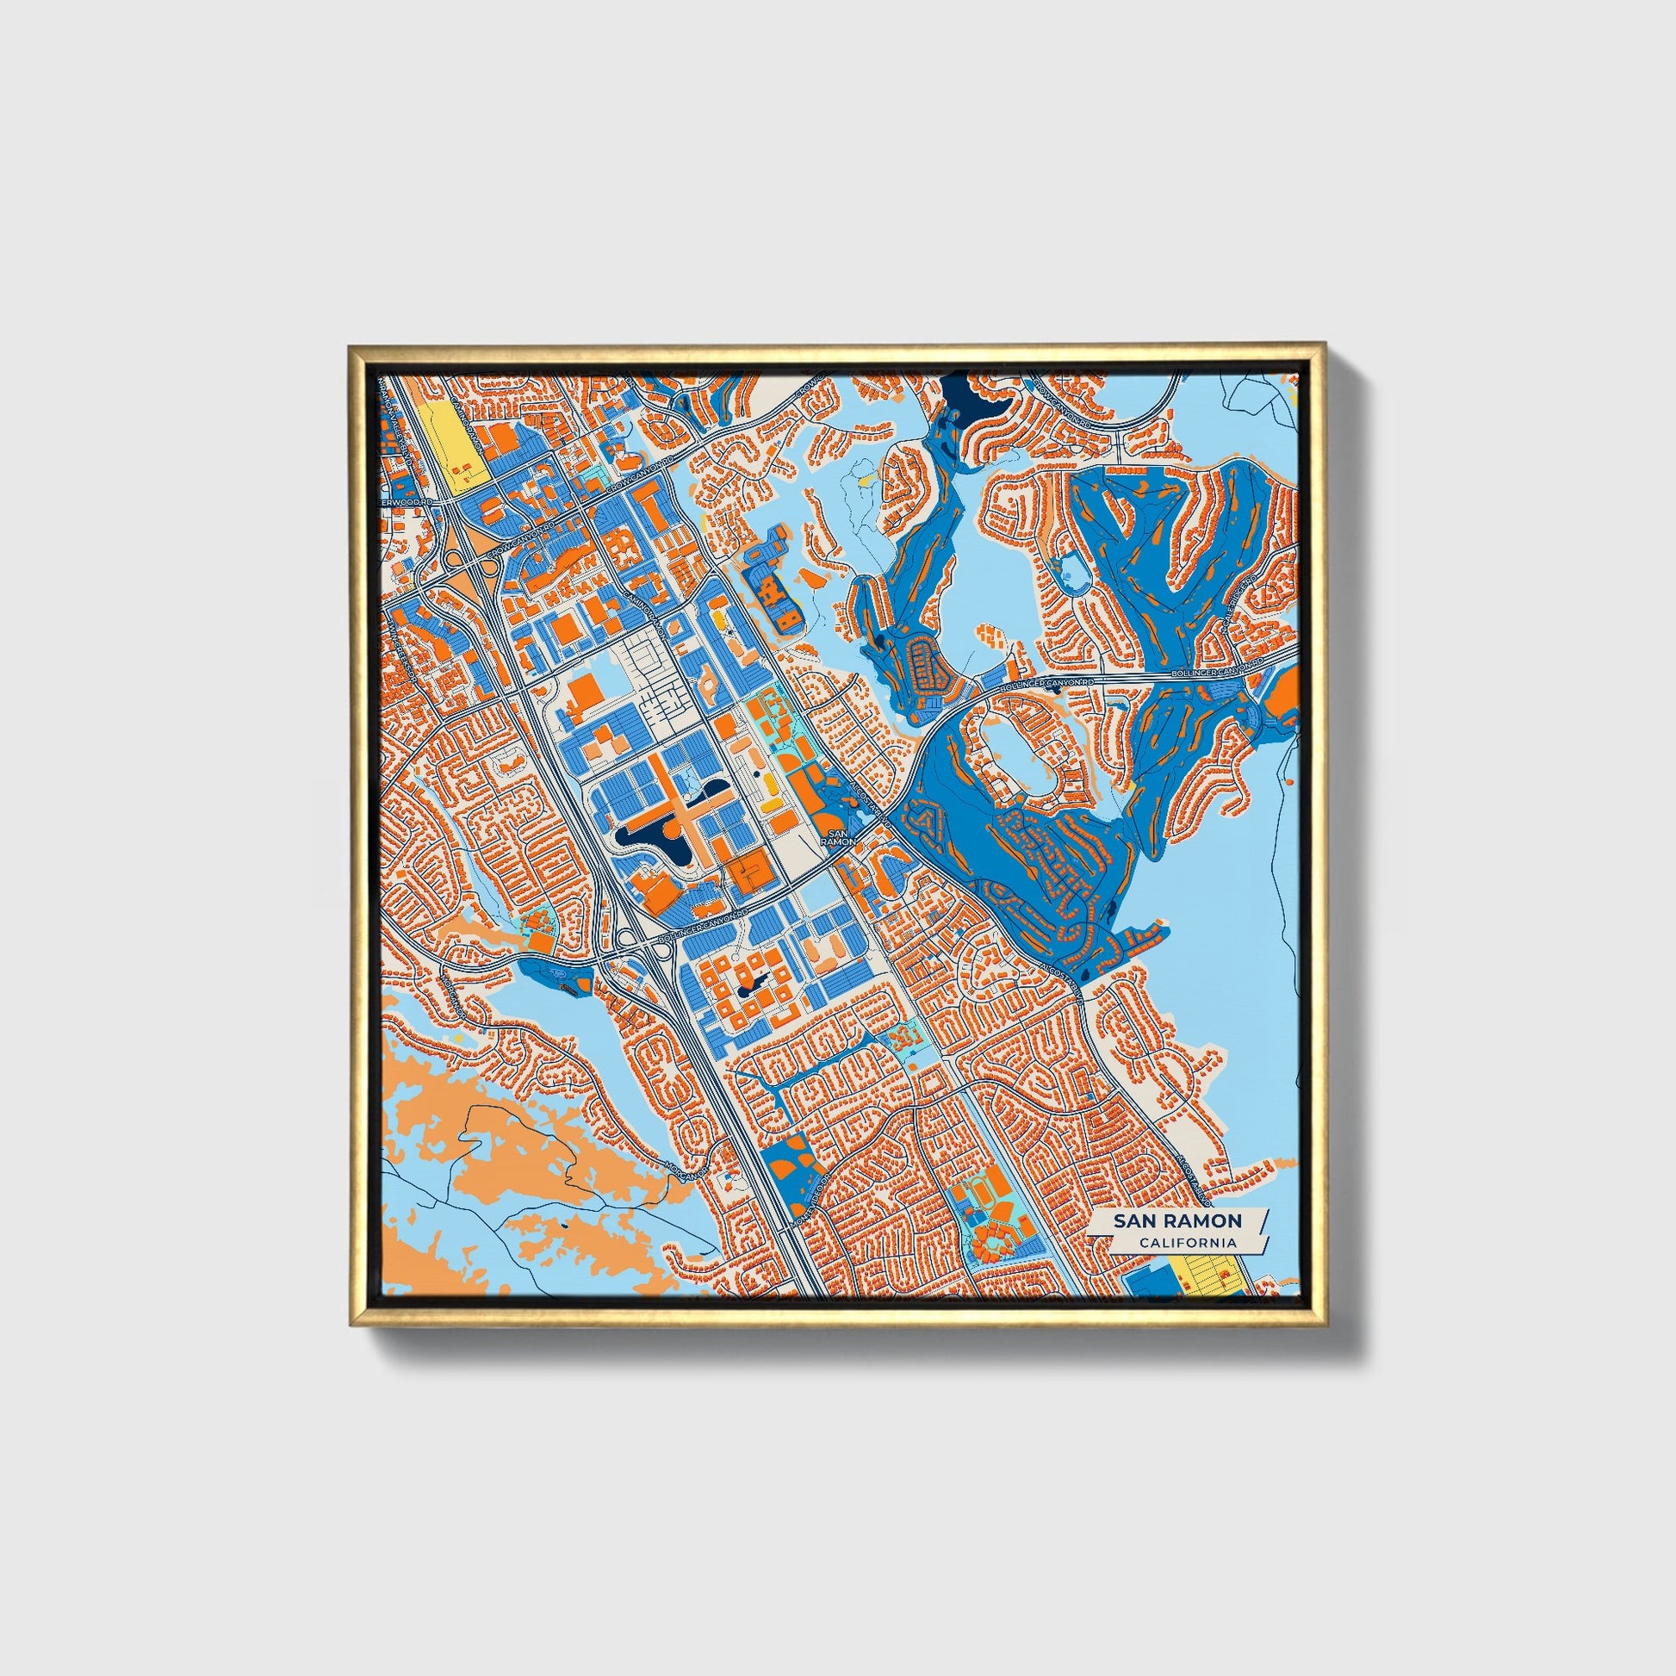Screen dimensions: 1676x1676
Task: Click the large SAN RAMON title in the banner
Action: (1177, 1220)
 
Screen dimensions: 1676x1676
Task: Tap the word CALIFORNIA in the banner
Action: (1189, 1243)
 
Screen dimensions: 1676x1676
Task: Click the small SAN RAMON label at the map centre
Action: (838, 836)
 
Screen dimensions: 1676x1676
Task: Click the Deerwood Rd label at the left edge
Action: (401, 502)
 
